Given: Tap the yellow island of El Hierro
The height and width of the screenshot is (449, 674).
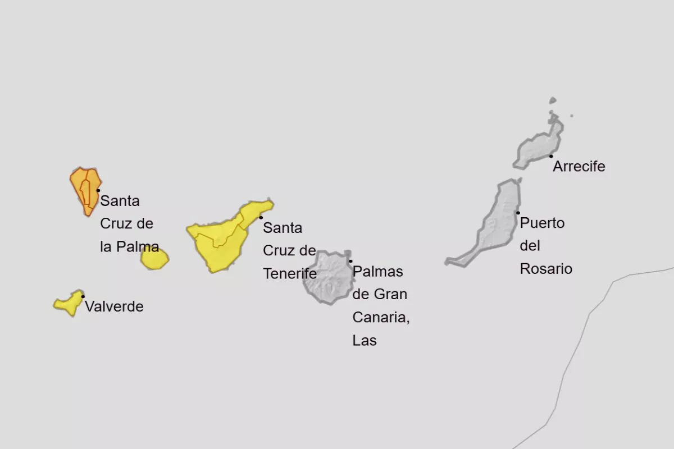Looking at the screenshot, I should pyautogui.click(x=67, y=304).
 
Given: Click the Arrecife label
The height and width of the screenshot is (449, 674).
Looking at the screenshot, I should pyautogui.click(x=579, y=167).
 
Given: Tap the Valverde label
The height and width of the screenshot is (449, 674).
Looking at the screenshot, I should pyautogui.click(x=114, y=307).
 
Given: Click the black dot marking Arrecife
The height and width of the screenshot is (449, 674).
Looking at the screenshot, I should pyautogui.click(x=551, y=156).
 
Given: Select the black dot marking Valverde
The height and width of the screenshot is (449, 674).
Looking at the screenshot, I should pyautogui.click(x=83, y=296).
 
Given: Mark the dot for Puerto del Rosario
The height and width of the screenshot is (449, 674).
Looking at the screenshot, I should pyautogui.click(x=518, y=213).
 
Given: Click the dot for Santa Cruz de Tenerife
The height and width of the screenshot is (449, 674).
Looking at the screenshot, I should pyautogui.click(x=261, y=217).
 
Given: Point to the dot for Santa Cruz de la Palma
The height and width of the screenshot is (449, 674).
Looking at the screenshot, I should pyautogui.click(x=98, y=190).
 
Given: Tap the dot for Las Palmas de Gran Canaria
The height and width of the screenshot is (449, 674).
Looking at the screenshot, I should pyautogui.click(x=350, y=261).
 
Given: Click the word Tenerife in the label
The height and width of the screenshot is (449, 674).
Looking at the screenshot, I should pyautogui.click(x=290, y=274).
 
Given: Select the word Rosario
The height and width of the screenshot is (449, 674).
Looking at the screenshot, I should pyautogui.click(x=546, y=269).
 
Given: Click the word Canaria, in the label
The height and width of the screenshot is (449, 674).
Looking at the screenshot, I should pyautogui.click(x=381, y=318).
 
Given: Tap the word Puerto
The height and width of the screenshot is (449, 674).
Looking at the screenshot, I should pyautogui.click(x=542, y=223).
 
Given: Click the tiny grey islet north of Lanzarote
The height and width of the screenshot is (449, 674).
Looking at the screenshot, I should pyautogui.click(x=553, y=101).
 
